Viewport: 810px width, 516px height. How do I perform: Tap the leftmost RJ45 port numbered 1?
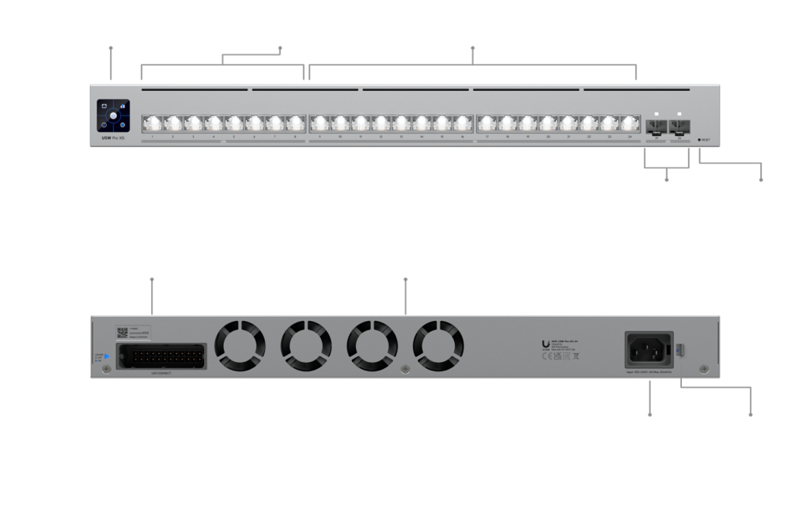(x=152, y=124)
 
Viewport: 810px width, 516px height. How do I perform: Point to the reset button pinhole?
(x=699, y=140)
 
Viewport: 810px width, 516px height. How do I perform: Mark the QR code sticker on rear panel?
(x=123, y=333)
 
